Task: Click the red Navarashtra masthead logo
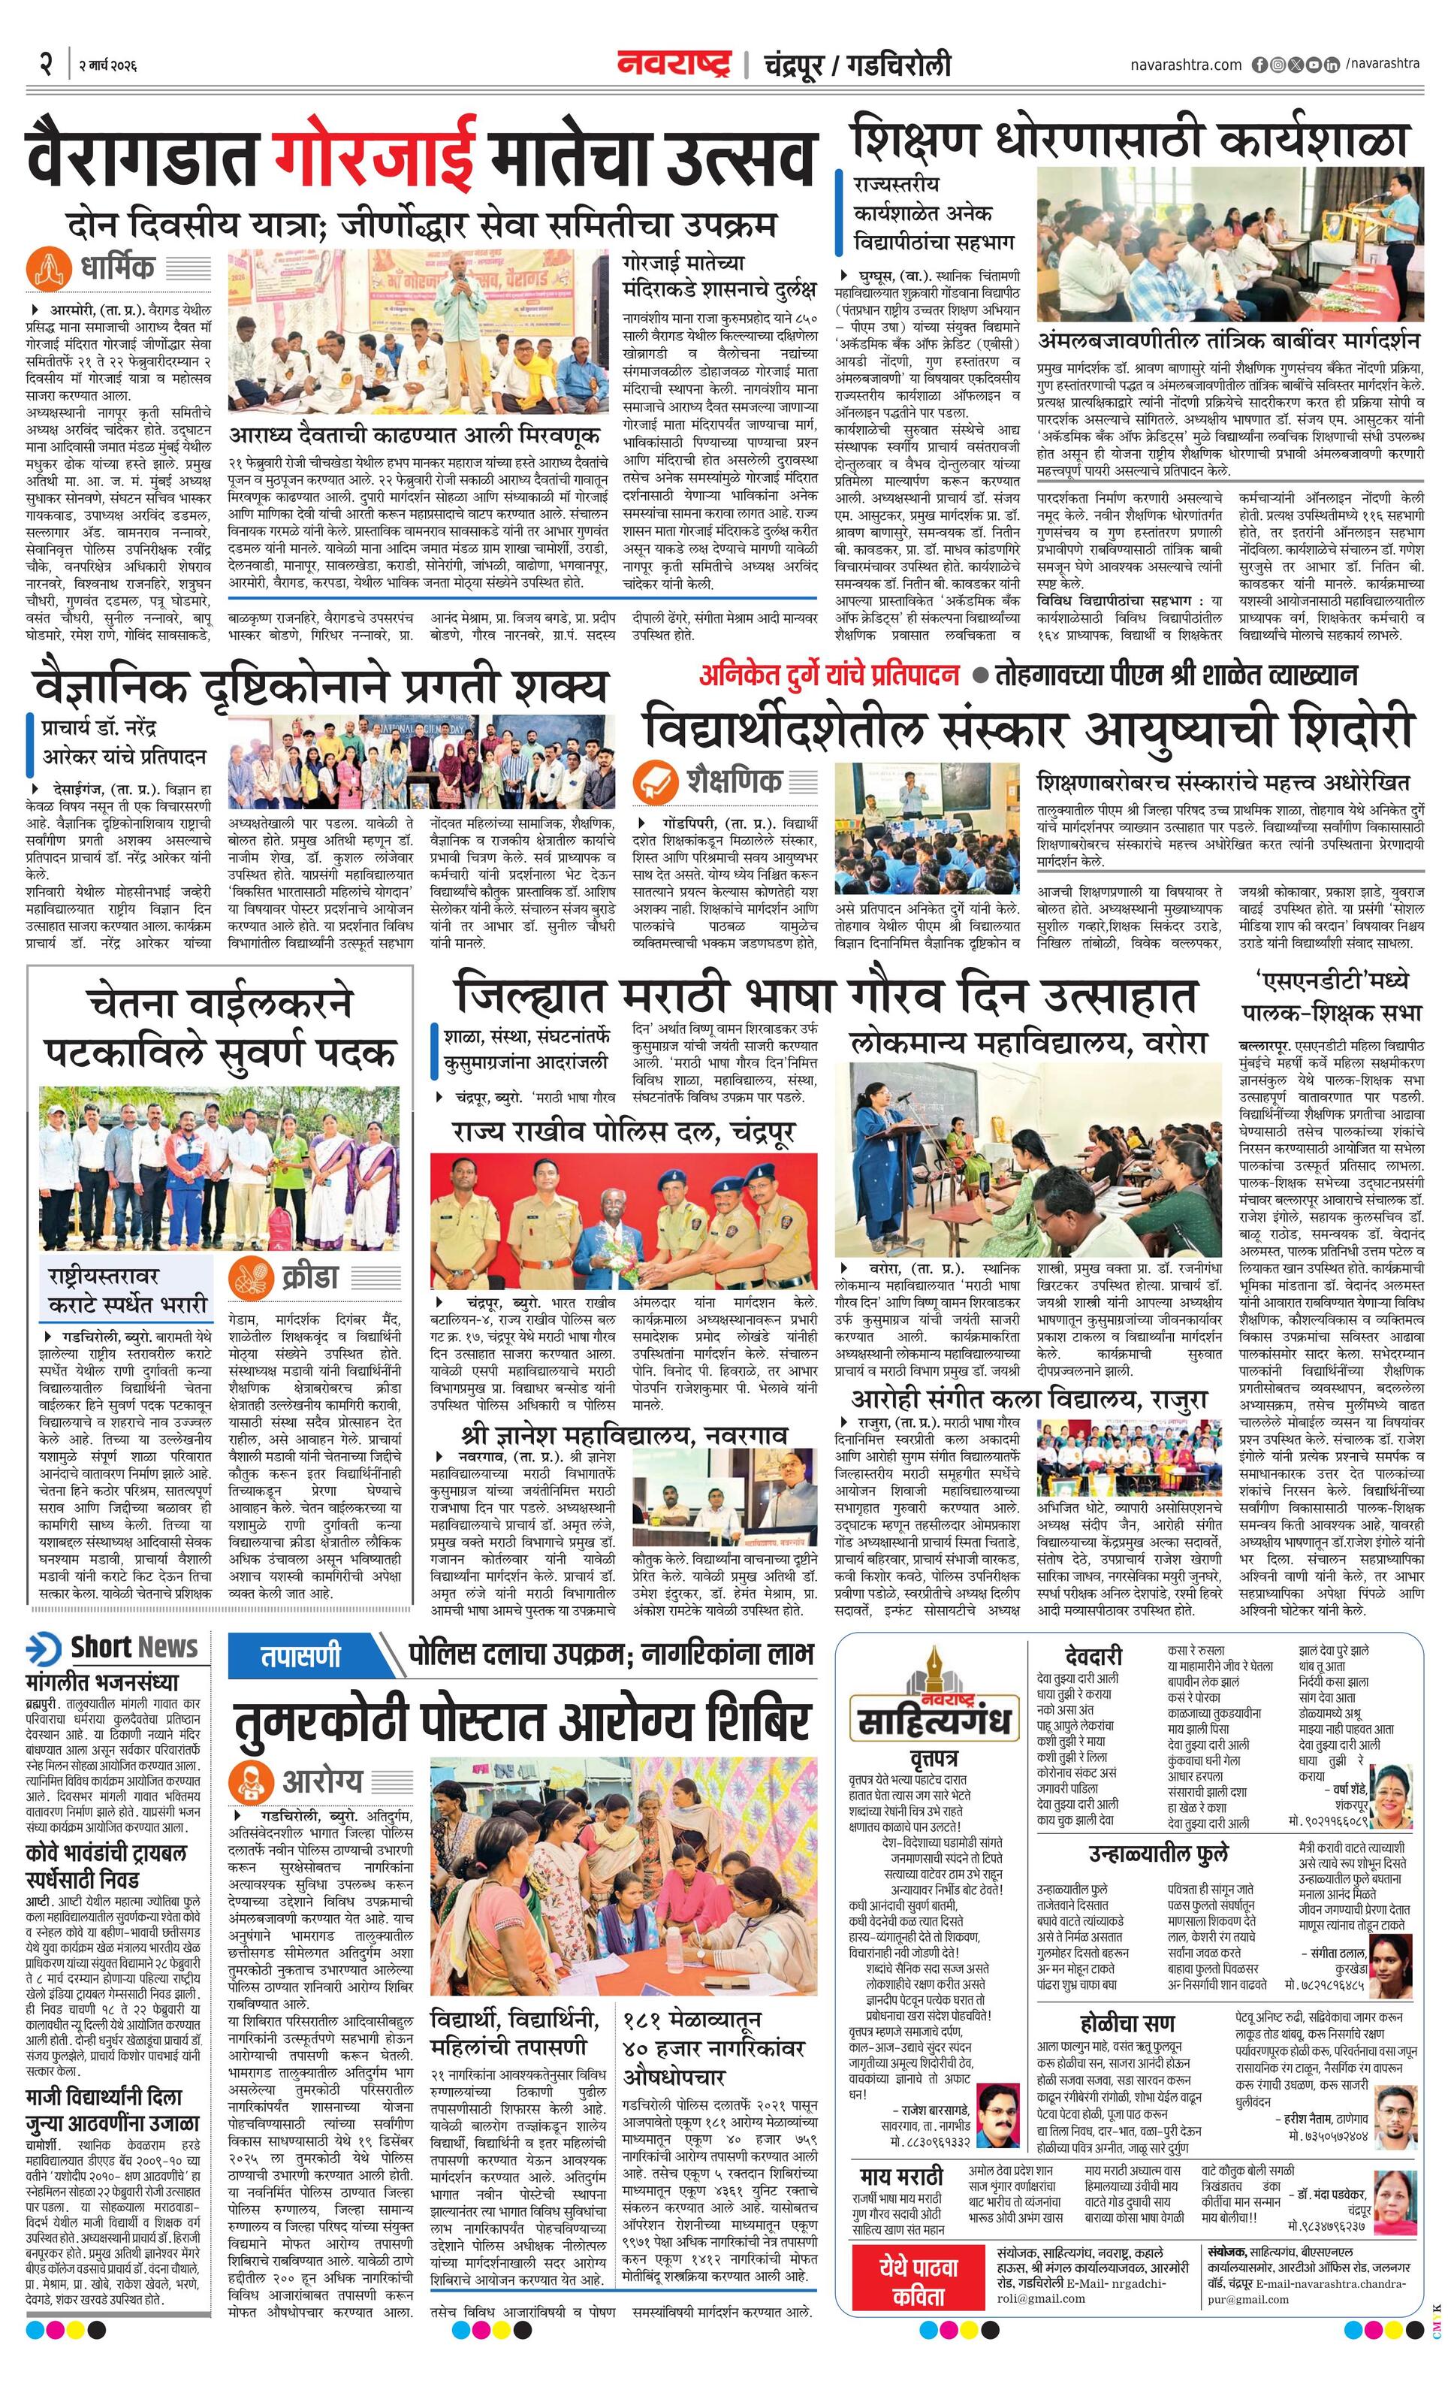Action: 674,64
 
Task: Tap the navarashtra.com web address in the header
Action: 1185,65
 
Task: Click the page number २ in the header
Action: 44,64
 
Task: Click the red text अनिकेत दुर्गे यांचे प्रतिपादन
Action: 829,675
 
